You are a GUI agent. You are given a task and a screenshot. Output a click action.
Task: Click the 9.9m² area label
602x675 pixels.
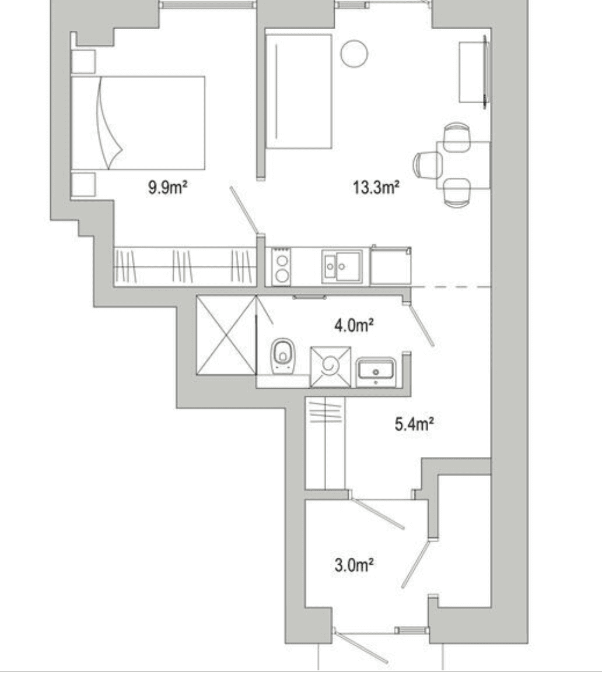(167, 187)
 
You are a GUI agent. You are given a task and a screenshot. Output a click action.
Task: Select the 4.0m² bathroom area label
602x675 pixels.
(353, 325)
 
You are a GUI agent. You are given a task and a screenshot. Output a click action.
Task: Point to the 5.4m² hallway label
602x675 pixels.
(414, 424)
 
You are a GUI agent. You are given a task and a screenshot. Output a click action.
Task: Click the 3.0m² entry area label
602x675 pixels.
(353, 564)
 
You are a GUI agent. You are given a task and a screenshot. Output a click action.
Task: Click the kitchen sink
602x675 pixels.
(341, 266)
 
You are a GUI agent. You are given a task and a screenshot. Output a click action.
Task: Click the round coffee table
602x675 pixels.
(354, 54)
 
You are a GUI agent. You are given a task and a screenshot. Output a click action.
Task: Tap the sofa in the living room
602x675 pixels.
(298, 92)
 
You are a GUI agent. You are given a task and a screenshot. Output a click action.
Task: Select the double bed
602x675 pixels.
(138, 123)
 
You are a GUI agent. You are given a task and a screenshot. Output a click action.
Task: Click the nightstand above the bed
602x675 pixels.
(83, 62)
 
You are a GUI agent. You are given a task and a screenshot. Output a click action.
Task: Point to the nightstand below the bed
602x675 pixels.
(83, 184)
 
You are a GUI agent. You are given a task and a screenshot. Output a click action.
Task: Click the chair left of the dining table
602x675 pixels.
(428, 165)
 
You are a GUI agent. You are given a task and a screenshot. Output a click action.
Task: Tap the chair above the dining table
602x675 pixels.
(456, 137)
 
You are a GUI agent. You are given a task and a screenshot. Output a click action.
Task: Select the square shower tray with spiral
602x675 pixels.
(331, 367)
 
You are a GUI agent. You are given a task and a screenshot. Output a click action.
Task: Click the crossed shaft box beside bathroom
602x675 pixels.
(226, 335)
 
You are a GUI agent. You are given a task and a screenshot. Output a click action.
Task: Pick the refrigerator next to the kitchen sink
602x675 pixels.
(390, 266)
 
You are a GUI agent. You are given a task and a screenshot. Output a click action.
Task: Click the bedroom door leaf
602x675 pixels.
(244, 210)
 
